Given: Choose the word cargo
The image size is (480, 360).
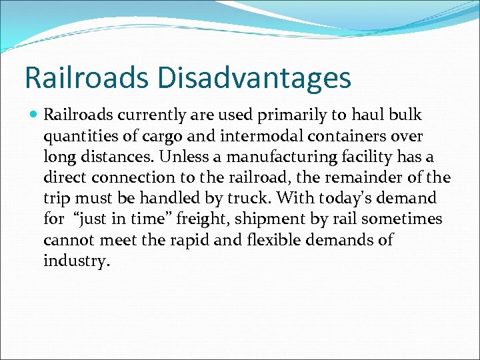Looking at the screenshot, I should (x=162, y=136).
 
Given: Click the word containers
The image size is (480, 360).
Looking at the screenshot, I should (x=363, y=136).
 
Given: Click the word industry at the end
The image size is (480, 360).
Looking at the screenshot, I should (x=75, y=261).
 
